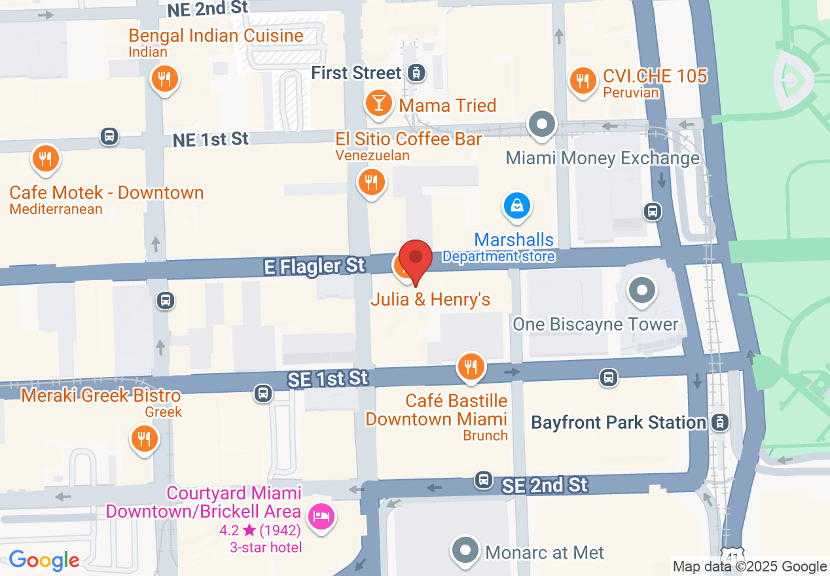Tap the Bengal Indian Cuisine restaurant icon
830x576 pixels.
[x=164, y=80]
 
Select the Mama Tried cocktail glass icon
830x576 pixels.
[x=378, y=103]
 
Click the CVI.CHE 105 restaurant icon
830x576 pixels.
[x=582, y=81]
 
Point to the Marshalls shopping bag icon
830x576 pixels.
[x=517, y=206]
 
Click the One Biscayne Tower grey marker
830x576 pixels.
[x=641, y=289]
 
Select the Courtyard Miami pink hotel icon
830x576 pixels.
[x=321, y=516]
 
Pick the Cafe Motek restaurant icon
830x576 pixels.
[x=45, y=159]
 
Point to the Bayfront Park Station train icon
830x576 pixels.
[x=719, y=422]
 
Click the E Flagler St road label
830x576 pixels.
[x=314, y=266]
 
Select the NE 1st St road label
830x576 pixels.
[x=211, y=139]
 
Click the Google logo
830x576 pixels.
[x=44, y=560]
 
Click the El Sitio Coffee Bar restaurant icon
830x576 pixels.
[x=371, y=182]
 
